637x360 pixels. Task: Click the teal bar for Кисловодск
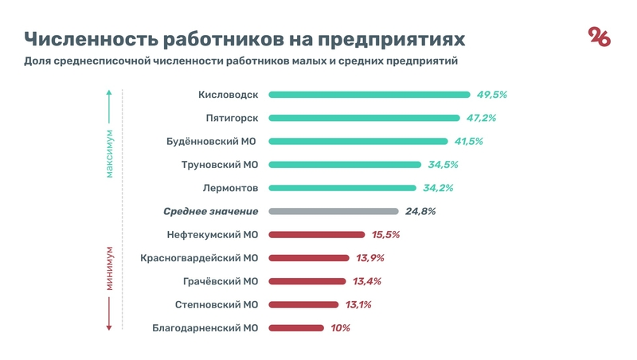click(369, 95)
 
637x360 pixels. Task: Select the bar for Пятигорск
click(364, 118)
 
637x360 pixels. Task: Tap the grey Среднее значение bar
click(334, 211)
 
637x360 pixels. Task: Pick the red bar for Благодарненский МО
click(296, 327)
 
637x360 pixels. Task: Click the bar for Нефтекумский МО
click(317, 235)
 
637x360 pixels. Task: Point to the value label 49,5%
click(491, 95)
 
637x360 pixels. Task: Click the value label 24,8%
click(420, 211)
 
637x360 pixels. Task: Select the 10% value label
click(340, 327)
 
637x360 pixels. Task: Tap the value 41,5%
click(467, 141)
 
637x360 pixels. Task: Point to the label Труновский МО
click(216, 165)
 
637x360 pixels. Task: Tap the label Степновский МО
click(217, 304)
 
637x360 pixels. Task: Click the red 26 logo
click(599, 37)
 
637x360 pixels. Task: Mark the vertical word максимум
click(110, 154)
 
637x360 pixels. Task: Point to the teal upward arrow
click(110, 100)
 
